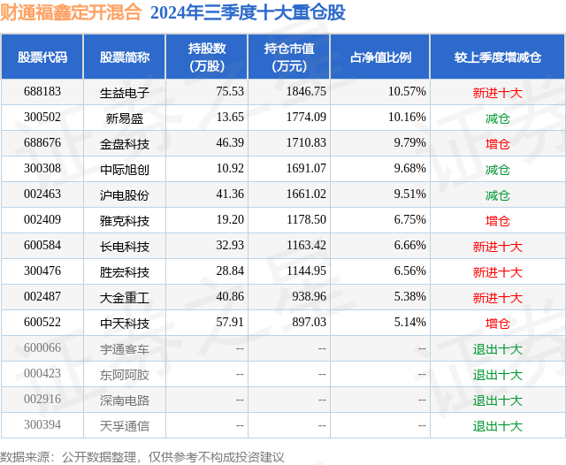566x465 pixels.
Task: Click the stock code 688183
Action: point(42,92)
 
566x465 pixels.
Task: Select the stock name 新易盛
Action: point(125,118)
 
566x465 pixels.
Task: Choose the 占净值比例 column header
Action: point(386,57)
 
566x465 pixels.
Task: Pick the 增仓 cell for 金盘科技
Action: point(498,143)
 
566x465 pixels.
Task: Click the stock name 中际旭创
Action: point(125,169)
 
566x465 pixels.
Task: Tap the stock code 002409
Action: point(42,220)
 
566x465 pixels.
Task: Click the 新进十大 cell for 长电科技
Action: point(498,246)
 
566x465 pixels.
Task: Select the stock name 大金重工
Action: point(125,298)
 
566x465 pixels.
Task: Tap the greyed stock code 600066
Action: point(42,349)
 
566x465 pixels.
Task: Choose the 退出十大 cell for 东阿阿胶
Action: point(498,375)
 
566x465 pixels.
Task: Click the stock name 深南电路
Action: point(125,400)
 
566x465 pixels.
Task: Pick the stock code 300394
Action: point(42,426)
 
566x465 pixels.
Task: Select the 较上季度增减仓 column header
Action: point(498,57)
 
